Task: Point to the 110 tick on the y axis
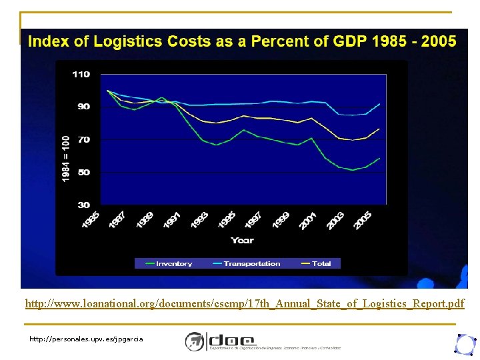click(x=81, y=75)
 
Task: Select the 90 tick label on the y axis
click(x=83, y=107)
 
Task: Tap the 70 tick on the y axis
click(x=83, y=140)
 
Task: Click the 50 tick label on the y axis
click(x=83, y=172)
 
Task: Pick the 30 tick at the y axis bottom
click(x=83, y=205)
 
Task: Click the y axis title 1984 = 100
click(x=65, y=158)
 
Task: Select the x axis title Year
click(x=242, y=240)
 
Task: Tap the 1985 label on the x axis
click(x=91, y=220)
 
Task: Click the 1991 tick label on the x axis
click(x=173, y=220)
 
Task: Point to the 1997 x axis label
click(x=254, y=220)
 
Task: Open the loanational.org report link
click(x=245, y=304)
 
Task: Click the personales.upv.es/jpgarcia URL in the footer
click(x=86, y=339)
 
